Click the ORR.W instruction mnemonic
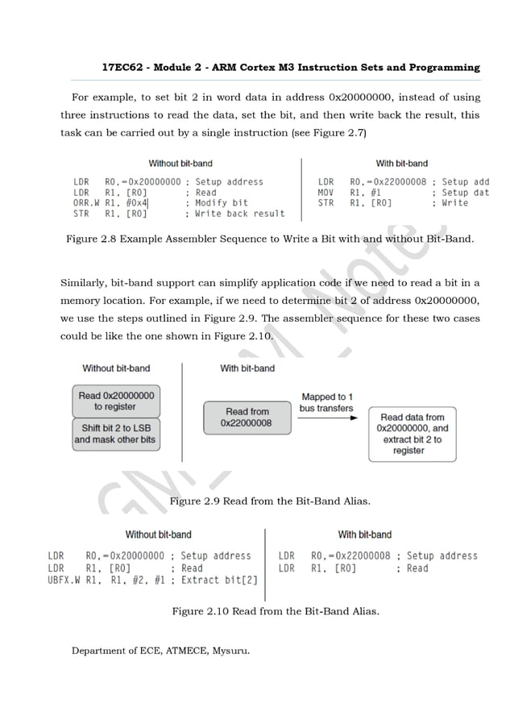85,203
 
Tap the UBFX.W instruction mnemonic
64,580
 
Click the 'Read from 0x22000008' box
247,417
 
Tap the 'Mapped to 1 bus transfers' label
327,402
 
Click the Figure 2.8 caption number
92,239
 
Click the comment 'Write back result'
240,214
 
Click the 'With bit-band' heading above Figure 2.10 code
364,535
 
